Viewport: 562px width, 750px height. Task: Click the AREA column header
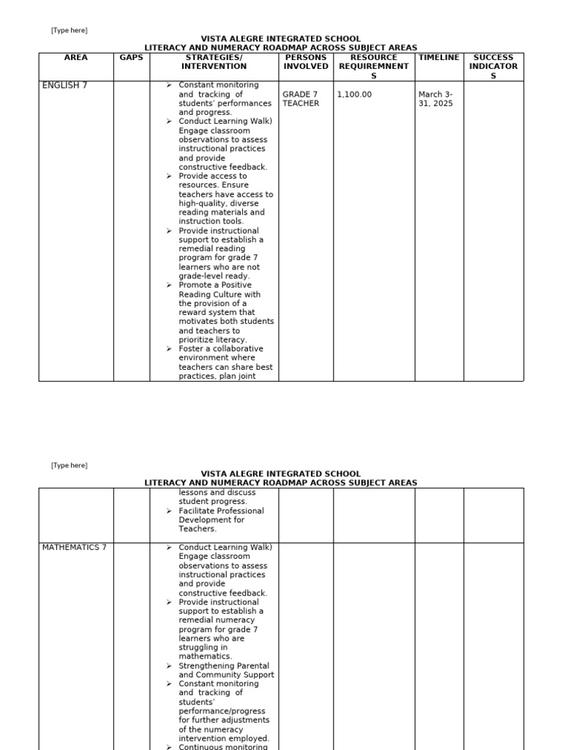point(76,57)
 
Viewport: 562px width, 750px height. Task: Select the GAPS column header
point(132,57)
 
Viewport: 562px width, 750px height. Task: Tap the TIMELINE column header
point(439,57)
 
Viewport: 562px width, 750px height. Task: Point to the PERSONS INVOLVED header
point(306,62)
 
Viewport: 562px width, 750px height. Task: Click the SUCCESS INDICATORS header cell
point(493,66)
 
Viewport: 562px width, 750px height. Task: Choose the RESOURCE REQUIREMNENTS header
point(374,66)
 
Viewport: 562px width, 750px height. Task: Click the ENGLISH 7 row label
point(64,86)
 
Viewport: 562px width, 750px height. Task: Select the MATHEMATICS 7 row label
point(74,548)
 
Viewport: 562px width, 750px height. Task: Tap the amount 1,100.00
point(354,94)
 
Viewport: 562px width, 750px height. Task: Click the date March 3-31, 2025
point(436,99)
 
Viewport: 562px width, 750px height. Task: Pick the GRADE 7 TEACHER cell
point(301,99)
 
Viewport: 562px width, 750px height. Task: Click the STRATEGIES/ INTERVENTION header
point(214,62)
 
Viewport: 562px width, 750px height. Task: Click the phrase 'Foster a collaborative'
point(221,349)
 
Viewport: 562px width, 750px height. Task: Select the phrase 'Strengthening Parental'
point(226,666)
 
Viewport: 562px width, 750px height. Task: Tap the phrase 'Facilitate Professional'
point(221,510)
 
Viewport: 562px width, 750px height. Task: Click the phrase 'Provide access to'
point(213,176)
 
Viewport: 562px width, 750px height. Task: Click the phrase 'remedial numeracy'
point(218,620)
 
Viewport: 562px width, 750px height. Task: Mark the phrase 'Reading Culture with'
point(220,294)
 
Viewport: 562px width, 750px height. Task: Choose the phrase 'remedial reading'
point(214,249)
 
